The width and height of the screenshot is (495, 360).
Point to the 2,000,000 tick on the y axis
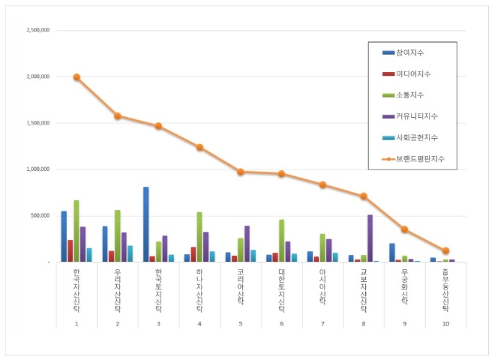[x=37, y=76]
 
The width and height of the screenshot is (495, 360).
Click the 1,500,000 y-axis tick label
[x=37, y=123]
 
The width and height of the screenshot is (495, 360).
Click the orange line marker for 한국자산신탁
[x=76, y=77]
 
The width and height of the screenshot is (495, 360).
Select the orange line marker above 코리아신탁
[x=241, y=172]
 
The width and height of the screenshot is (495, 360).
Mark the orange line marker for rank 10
[x=445, y=250]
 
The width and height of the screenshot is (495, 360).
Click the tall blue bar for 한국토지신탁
[x=145, y=224]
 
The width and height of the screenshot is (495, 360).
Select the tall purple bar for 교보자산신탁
[x=370, y=238]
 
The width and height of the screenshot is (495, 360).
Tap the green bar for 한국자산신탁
[x=76, y=231]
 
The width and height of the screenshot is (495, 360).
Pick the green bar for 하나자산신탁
[x=199, y=237]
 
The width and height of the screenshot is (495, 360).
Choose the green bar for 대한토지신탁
[x=281, y=241]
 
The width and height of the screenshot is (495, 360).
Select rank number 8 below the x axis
[x=363, y=322]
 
